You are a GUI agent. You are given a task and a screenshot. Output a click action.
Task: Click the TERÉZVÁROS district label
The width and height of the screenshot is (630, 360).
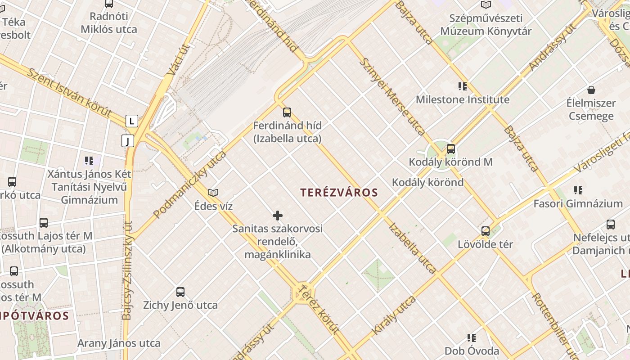point(339,193)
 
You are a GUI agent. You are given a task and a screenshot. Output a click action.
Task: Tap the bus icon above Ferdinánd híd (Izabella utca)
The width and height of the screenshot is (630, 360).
point(287,112)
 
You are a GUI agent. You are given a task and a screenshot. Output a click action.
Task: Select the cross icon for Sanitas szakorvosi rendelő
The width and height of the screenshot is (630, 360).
point(278,216)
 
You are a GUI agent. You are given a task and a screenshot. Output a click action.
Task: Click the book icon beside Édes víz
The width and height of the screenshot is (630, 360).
point(213,193)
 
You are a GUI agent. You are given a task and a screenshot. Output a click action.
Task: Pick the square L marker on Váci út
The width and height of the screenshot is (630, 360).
point(131,121)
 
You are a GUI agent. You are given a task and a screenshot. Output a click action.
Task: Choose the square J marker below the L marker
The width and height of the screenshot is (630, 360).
point(128,141)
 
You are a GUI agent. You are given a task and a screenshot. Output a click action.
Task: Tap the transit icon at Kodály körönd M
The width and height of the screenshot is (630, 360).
point(450,149)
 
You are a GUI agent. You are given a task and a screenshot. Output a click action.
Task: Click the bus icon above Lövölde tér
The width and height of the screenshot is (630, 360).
point(485,231)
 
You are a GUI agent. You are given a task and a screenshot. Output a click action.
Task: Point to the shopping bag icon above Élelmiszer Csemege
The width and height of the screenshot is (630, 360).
point(591,90)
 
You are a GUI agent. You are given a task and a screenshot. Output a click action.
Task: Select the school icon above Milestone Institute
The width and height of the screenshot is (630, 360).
point(462,86)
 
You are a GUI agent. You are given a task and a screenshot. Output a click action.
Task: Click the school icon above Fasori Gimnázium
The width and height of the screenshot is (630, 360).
point(578,190)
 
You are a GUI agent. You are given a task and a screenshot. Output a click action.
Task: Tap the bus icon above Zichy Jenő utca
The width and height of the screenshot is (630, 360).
point(180,292)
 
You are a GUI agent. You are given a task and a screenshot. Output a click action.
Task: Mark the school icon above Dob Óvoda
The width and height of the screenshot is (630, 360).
point(471,337)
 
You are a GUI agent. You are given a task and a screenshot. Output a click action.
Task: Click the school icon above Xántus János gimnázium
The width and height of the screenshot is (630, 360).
point(89,161)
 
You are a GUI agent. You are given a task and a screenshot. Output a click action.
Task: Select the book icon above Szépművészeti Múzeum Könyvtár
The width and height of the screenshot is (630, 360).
point(486,5)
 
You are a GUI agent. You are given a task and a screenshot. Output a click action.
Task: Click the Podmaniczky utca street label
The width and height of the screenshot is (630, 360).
point(189,184)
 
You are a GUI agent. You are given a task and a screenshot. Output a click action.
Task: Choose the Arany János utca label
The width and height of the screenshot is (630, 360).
point(119,343)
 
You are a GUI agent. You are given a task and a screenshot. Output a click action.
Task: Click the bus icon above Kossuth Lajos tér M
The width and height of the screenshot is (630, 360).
point(43,223)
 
